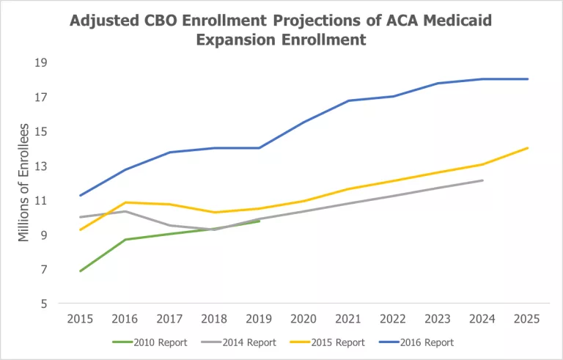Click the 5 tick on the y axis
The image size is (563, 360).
44,304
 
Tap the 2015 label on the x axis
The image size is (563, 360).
81,320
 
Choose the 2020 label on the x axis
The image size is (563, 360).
304,320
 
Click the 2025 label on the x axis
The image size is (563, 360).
527,320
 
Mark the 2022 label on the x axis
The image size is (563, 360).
393,320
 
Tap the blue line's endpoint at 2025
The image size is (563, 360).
527,79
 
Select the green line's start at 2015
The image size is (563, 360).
81,271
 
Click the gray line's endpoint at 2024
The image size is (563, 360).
482,180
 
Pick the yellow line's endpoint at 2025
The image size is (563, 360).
527,148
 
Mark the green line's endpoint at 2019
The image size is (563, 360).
260,221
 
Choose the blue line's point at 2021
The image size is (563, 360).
349,100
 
